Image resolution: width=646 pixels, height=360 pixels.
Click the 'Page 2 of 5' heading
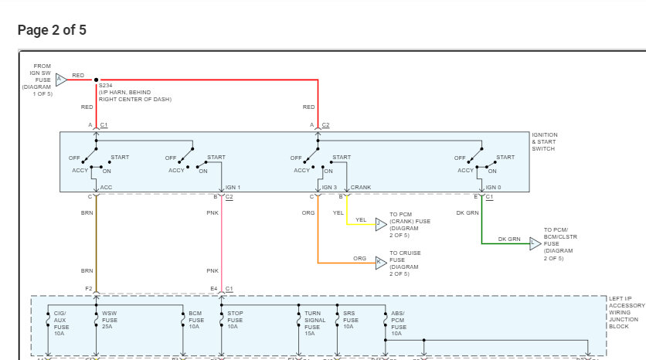pos(52,30)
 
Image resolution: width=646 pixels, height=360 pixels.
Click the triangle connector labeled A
pos(61,79)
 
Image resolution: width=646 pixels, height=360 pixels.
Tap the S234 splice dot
pos(96,79)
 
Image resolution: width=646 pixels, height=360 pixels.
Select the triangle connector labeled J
pos(380,224)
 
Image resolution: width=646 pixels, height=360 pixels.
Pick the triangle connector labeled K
pos(380,263)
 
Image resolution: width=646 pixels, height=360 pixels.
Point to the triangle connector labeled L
pos(535,243)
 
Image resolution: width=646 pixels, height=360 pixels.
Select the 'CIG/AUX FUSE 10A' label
pos(60,323)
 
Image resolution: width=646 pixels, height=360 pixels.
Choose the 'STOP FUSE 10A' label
pos(234,320)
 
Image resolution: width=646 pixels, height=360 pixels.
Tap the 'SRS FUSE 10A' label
pos(351,320)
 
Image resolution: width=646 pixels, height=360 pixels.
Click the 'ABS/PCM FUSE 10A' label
pos(397,323)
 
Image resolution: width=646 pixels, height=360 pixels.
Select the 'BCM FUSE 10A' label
pos(196,320)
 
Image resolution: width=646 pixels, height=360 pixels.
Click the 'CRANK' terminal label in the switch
pos(361,188)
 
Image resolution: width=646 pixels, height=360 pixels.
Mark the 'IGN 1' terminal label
pos(233,188)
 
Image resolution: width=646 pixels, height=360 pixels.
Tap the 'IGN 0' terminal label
pos(493,188)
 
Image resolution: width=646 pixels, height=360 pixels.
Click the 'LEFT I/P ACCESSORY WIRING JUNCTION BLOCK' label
pos(627,312)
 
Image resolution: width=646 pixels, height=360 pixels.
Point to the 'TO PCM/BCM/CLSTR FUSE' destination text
pos(561,244)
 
